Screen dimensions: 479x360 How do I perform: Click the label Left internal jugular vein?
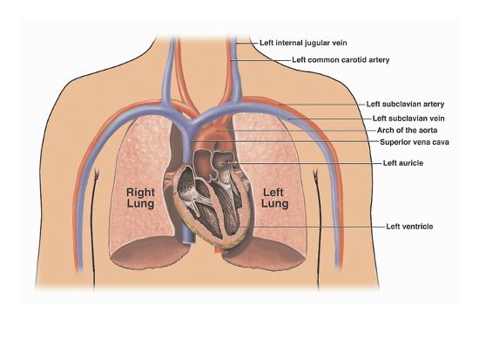pos(303,43)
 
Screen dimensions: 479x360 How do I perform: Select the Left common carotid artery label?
pos(341,59)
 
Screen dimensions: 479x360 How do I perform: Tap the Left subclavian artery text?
pos(405,104)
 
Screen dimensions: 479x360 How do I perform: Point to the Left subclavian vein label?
pos(408,118)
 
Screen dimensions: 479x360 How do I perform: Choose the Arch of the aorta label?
pos(407,130)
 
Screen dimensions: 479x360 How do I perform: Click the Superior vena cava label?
pos(415,142)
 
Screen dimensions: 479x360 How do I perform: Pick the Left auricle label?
pos(403,163)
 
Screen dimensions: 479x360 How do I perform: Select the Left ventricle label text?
pos(409,227)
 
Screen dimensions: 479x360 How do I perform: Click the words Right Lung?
pos(140,198)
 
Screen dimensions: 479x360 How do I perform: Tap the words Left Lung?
pos(274,198)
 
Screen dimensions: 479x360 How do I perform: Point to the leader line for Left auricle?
pos(301,163)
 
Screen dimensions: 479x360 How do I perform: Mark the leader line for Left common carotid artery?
pos(260,60)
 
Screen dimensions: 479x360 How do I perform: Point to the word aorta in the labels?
pos(426,130)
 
